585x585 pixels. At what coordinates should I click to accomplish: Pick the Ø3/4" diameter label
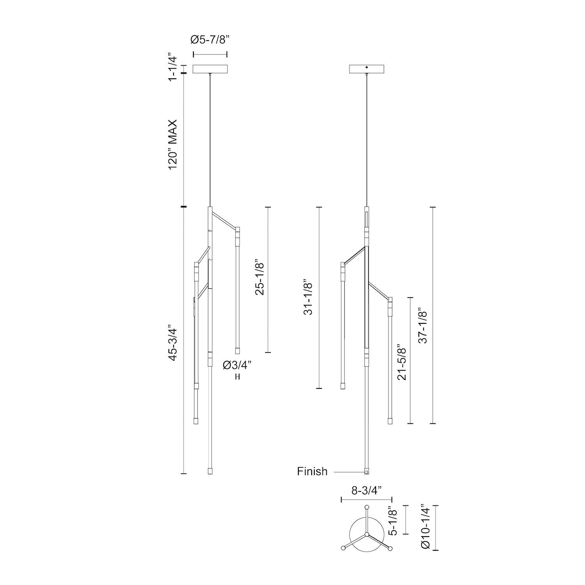pos(237,365)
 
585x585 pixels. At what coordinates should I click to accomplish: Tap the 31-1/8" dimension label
pos(308,297)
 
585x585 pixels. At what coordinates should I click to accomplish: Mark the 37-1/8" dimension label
pos(423,327)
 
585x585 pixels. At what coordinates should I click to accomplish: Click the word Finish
pos(312,472)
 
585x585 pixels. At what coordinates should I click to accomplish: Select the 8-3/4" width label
pos(366,491)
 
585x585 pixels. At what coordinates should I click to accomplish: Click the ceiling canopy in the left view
pos(210,69)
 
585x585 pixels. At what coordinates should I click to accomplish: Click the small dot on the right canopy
pos(367,68)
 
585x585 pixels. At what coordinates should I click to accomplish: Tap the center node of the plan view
pos(366,534)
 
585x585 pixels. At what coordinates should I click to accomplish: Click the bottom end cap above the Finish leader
pos(366,472)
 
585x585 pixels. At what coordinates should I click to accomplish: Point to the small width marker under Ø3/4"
pos(237,377)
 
